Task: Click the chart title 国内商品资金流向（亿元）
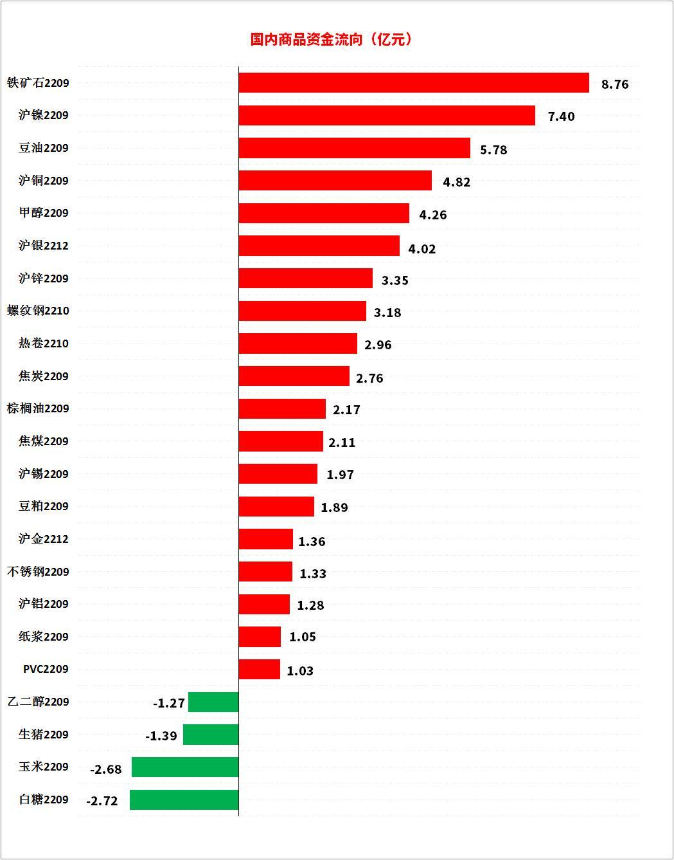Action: [332, 39]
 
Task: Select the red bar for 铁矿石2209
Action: [414, 83]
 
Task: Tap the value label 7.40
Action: [561, 116]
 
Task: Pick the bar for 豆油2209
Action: [354, 148]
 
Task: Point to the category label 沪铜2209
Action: [44, 181]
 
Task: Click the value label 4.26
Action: [432, 215]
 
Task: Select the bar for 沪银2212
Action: [319, 246]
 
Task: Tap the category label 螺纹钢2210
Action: [38, 311]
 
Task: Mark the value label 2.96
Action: [378, 345]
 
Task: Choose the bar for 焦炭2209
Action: [294, 376]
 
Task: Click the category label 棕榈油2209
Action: [38, 408]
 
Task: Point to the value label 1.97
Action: [340, 475]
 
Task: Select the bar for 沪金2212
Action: [265, 539]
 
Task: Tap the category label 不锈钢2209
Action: [38, 572]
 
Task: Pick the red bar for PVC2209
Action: [259, 670]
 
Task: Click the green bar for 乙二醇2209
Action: [213, 702]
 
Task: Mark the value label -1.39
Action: [161, 736]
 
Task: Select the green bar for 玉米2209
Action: [185, 767]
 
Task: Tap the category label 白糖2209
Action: [44, 800]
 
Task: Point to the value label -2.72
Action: [102, 801]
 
